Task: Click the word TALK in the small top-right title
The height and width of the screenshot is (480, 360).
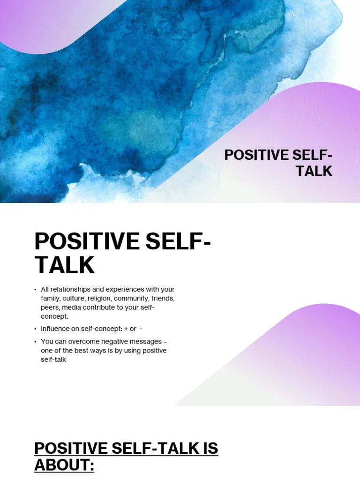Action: point(314,171)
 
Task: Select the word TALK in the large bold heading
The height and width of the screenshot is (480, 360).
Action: point(64,265)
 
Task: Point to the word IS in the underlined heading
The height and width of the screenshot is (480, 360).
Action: point(207,448)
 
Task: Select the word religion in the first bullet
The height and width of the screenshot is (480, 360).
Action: point(99,298)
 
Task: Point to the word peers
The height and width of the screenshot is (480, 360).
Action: point(50,307)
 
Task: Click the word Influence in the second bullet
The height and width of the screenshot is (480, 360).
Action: point(55,329)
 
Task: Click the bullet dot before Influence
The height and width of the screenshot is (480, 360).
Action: point(35,329)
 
